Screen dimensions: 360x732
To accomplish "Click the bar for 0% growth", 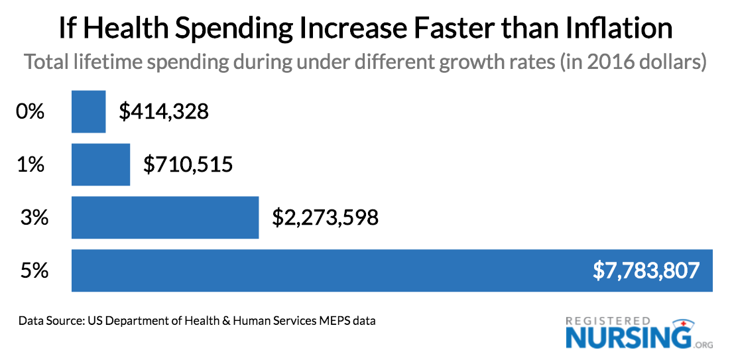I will (x=88, y=112).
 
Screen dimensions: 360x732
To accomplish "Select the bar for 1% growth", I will (x=101, y=164).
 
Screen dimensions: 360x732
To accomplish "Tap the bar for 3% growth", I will (x=164, y=217).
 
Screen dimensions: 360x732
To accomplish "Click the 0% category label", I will (x=30, y=112).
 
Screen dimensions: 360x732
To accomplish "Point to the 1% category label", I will (x=30, y=164).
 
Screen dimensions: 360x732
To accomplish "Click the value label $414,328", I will (x=164, y=112).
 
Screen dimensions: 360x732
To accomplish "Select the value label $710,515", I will (x=188, y=164).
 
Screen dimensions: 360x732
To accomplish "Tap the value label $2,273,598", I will (x=325, y=217).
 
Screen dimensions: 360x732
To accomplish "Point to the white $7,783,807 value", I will (x=647, y=270).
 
